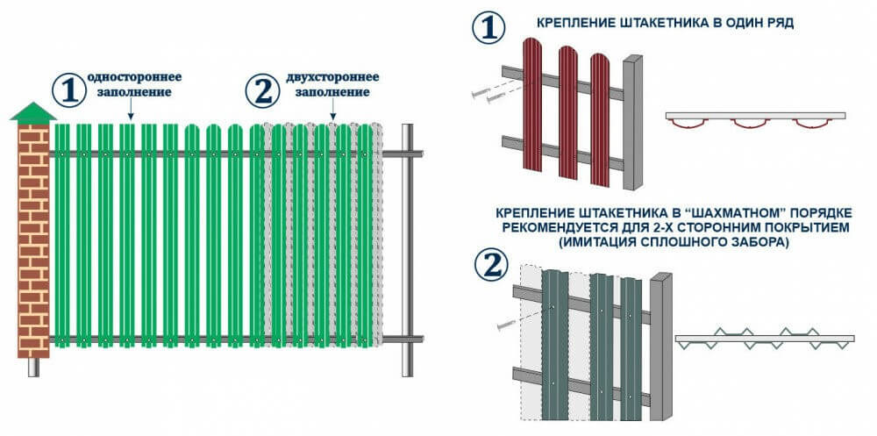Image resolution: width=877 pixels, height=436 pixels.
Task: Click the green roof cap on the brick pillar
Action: [x=33, y=112]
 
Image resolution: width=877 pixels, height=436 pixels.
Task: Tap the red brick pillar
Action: [x=33, y=237]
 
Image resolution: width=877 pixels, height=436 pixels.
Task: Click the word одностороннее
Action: [x=129, y=76]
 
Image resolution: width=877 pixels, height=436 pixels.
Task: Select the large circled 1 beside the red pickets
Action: [x=489, y=27]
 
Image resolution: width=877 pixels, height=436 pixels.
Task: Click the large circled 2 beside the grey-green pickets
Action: [x=489, y=266]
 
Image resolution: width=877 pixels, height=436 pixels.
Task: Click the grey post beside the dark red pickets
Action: [x=632, y=123]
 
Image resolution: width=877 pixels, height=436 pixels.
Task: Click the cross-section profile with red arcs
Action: [x=755, y=120]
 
